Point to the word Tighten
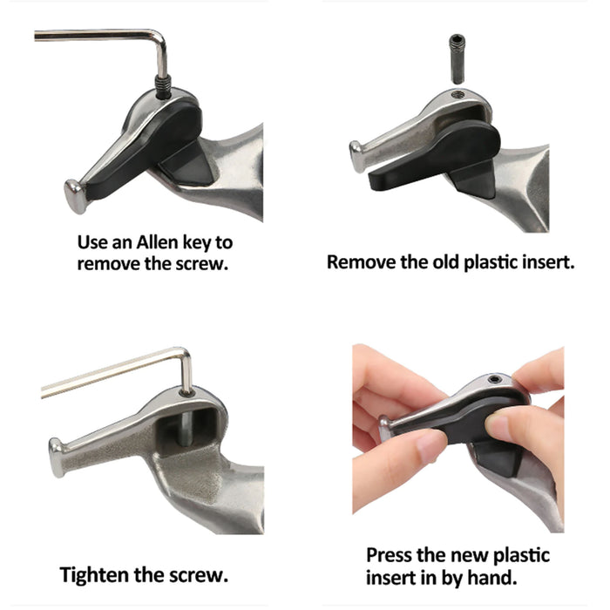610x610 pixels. coord(94,575)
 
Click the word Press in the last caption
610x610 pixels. coord(389,556)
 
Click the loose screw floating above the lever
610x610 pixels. coord(457,59)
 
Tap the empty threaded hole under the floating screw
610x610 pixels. coord(457,94)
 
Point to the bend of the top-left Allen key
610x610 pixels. coord(159,37)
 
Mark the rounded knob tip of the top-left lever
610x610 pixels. coord(75,196)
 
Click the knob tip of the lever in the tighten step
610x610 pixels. coord(57,457)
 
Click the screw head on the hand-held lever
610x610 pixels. coord(494,379)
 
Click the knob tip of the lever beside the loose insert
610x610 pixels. coord(356,156)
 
